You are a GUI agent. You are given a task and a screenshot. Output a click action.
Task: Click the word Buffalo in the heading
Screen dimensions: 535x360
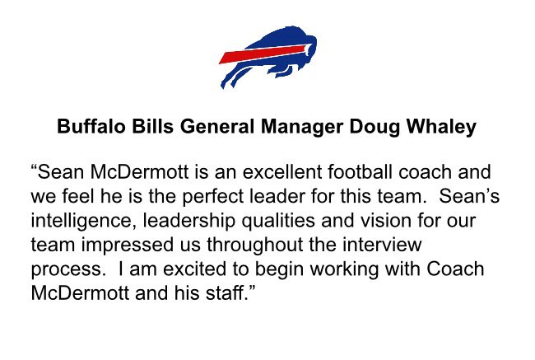(91, 126)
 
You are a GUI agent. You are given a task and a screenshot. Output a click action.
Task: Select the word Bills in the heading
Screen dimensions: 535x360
(153, 126)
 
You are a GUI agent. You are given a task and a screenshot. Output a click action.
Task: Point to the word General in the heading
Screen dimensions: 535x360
(217, 126)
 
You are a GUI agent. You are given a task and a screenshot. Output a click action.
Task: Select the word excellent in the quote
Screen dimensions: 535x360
(282, 172)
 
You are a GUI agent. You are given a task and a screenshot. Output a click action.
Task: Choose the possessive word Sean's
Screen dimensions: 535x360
(469, 196)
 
